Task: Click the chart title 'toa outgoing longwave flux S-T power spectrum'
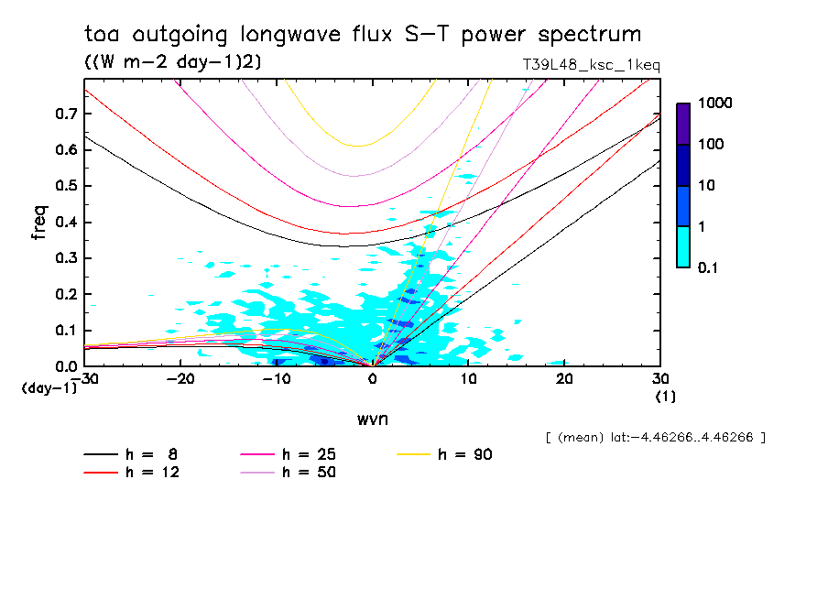(363, 35)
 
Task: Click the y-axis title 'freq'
(38, 223)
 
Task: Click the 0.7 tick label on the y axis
(66, 114)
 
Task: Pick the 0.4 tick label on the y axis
(66, 223)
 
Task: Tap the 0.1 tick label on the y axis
(66, 331)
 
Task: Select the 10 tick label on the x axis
(469, 378)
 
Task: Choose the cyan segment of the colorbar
(683, 246)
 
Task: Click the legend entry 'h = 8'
(133, 454)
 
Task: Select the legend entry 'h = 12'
(133, 473)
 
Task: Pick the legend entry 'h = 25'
(289, 454)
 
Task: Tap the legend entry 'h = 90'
(446, 454)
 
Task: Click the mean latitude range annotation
(655, 438)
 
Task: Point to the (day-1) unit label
(48, 387)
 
